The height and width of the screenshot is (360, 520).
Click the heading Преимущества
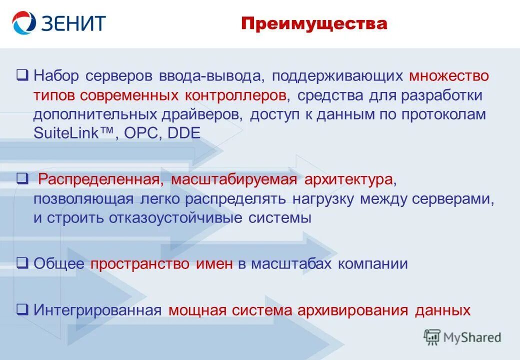coord(314,23)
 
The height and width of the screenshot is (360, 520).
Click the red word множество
coord(448,76)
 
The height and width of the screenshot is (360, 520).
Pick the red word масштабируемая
coord(233,179)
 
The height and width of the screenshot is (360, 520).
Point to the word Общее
coord(59,264)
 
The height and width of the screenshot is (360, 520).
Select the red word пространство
coord(140,264)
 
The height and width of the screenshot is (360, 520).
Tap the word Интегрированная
coord(97,310)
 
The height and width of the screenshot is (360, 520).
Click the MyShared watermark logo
coord(462,337)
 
